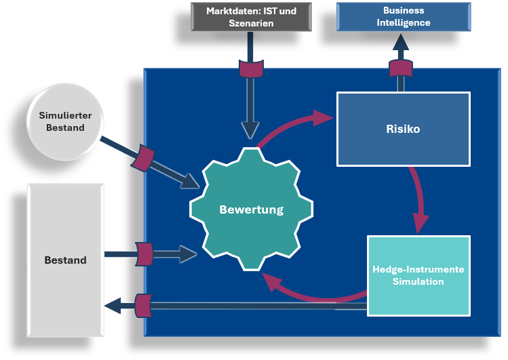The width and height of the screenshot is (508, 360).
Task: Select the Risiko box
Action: click(x=403, y=129)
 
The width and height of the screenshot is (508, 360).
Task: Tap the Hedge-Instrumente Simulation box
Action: click(x=418, y=275)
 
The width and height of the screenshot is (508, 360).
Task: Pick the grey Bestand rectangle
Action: click(x=65, y=260)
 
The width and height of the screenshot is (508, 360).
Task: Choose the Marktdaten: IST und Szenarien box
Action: click(x=250, y=17)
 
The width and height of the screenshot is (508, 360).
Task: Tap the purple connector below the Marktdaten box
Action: click(x=250, y=68)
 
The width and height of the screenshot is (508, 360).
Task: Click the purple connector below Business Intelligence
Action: click(x=401, y=68)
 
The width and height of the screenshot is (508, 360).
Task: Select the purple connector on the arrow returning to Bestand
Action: click(x=144, y=305)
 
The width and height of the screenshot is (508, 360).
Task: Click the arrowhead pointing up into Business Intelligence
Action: click(x=401, y=43)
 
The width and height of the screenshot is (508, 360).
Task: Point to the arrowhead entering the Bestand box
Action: click(x=112, y=306)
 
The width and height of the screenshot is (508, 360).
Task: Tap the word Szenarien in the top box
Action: click(x=250, y=23)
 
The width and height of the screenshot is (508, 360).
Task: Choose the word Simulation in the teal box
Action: click(x=418, y=281)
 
